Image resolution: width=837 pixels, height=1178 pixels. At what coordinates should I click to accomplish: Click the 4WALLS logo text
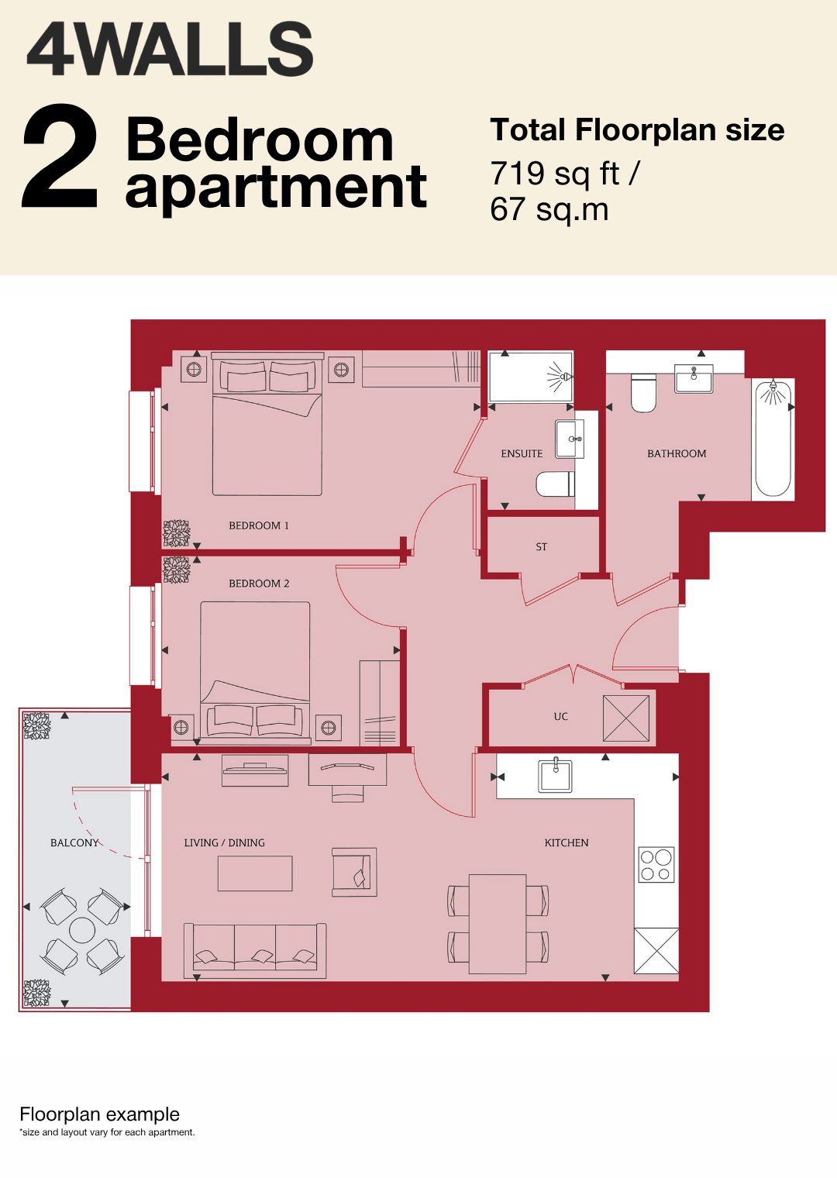(170, 50)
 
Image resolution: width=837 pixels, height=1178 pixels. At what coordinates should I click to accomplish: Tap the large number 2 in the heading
(60, 156)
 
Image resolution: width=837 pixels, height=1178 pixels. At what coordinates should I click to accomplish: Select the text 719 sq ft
(555, 174)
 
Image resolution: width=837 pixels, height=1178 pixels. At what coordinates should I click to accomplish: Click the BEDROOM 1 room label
(259, 525)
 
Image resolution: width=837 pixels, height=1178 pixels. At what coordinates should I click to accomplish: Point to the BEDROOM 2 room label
(259, 584)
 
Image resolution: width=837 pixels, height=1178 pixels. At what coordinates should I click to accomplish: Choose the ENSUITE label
(522, 453)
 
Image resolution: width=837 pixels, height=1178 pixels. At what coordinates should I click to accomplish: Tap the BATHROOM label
(677, 453)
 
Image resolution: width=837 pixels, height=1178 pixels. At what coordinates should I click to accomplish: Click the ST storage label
(542, 547)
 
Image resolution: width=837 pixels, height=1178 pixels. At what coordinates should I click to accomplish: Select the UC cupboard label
(560, 716)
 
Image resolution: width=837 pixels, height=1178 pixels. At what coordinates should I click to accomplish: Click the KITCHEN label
(567, 842)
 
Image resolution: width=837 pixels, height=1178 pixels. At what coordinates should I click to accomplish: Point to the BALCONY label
(74, 842)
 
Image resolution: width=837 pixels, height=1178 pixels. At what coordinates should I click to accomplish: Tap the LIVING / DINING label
(225, 842)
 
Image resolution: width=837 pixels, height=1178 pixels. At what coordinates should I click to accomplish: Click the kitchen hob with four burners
(656, 864)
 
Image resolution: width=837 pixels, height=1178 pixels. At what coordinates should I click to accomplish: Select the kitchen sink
(555, 775)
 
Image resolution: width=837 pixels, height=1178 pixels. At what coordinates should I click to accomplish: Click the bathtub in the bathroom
(773, 439)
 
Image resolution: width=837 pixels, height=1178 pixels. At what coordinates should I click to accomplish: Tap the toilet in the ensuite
(555, 484)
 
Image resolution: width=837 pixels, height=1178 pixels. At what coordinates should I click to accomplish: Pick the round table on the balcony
(82, 929)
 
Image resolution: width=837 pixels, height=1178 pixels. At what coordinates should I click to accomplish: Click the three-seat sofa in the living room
(255, 951)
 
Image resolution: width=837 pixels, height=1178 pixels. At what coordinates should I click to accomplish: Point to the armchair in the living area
(354, 872)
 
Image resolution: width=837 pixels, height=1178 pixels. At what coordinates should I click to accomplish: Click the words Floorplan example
(99, 1114)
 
